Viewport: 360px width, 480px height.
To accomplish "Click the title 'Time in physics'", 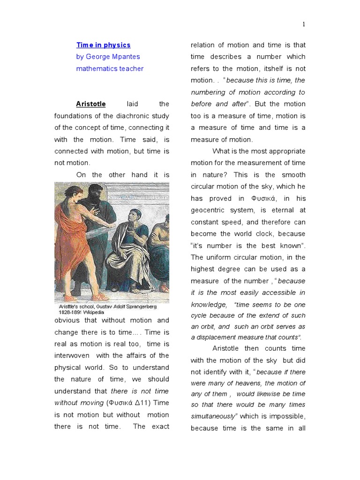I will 104,45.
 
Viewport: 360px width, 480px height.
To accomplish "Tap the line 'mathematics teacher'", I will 110,68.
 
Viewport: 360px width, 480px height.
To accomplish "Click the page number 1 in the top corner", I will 304,24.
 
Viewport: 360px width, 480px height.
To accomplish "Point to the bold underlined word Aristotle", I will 91,104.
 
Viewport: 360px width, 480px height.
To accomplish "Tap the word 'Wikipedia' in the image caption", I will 95,312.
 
